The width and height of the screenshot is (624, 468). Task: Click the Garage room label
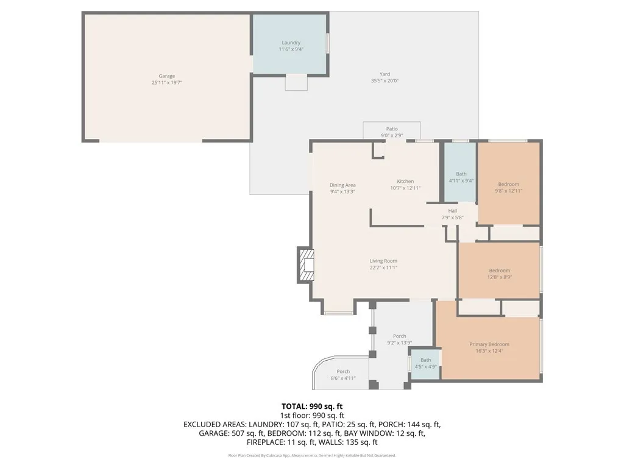click(x=166, y=76)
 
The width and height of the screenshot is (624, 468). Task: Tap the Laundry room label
click(x=291, y=43)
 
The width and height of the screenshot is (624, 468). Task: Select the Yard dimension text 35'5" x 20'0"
click(x=385, y=81)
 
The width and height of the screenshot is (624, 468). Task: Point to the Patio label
click(x=392, y=129)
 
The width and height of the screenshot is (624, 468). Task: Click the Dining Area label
click(x=342, y=185)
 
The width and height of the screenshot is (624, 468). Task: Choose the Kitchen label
click(x=405, y=181)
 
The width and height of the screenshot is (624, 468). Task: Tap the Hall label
click(x=452, y=211)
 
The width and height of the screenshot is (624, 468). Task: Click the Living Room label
click(x=383, y=261)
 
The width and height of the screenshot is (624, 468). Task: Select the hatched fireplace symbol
click(x=305, y=264)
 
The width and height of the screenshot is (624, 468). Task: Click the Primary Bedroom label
click(x=489, y=344)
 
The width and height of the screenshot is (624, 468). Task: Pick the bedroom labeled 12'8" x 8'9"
click(x=499, y=274)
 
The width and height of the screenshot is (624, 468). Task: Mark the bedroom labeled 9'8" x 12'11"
click(x=508, y=188)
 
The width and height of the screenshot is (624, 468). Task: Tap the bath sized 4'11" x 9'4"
click(x=461, y=177)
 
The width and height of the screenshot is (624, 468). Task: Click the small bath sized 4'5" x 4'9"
click(x=425, y=363)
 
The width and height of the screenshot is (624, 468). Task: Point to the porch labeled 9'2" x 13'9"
click(x=400, y=339)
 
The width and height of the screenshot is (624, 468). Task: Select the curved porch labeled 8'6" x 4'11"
click(x=343, y=375)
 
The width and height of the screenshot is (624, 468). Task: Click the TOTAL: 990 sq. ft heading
click(x=312, y=406)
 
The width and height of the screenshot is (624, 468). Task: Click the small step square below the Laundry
click(x=296, y=82)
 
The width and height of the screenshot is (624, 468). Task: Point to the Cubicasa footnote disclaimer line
click(x=312, y=455)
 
